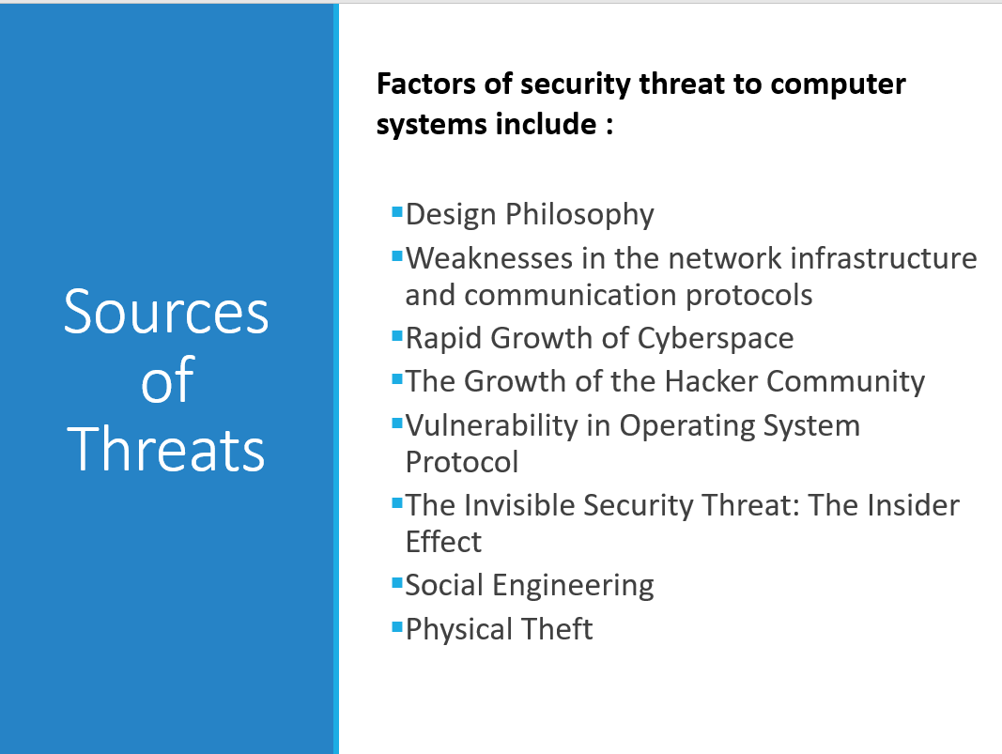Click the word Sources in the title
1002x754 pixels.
pyautogui.click(x=166, y=312)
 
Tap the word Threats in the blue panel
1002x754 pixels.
pyautogui.click(x=166, y=449)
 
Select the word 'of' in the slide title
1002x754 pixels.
pyautogui.click(x=167, y=381)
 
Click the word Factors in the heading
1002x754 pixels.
pyautogui.click(x=426, y=84)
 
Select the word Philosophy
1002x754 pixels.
pyautogui.click(x=579, y=215)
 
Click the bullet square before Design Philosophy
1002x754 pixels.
pyautogui.click(x=397, y=211)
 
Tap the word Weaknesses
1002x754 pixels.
pyautogui.click(x=489, y=258)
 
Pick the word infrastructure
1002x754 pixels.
pyautogui.click(x=884, y=258)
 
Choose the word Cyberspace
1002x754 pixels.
pyautogui.click(x=716, y=339)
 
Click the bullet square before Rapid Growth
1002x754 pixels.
pyautogui.click(x=397, y=335)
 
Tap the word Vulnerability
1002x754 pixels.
pyautogui.click(x=491, y=425)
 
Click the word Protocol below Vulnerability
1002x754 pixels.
pyautogui.click(x=462, y=462)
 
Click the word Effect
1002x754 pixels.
pyautogui.click(x=443, y=542)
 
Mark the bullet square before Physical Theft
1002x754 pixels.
pyautogui.click(x=397, y=625)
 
